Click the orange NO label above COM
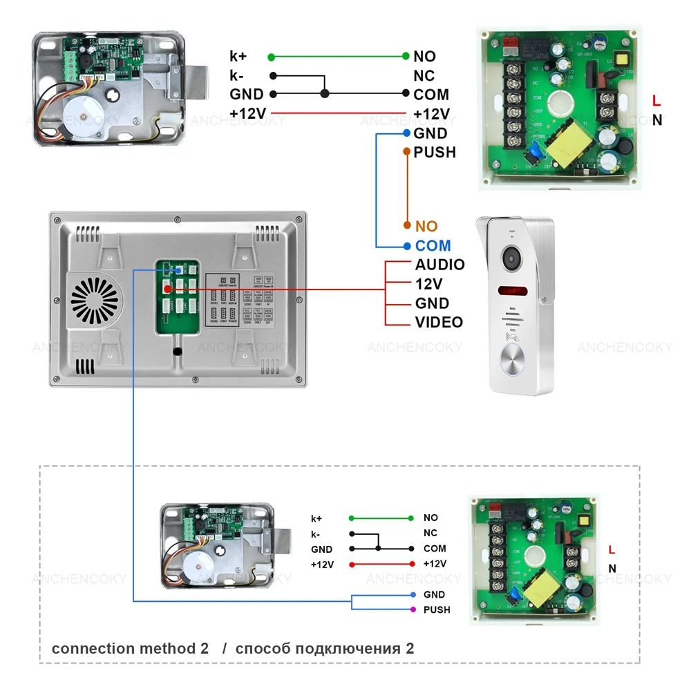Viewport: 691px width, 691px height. (x=426, y=226)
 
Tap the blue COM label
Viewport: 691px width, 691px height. (x=433, y=245)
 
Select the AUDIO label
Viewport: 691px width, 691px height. (x=439, y=265)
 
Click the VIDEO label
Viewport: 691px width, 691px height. (x=439, y=322)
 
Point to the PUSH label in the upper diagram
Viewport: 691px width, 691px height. (x=435, y=152)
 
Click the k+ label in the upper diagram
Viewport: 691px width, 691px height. (x=238, y=57)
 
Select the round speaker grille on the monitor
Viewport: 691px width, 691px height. (x=95, y=301)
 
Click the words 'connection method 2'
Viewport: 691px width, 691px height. (x=130, y=649)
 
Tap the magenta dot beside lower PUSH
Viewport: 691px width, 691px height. (x=413, y=609)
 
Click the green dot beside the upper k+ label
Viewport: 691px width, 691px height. (x=272, y=57)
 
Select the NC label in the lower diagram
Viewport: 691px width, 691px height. (x=430, y=533)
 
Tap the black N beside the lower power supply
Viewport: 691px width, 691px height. (x=612, y=569)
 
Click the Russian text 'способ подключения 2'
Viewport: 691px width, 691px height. (x=325, y=649)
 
